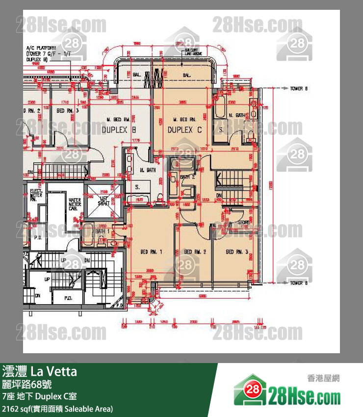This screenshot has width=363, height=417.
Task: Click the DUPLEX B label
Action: pyautogui.click(x=118, y=130)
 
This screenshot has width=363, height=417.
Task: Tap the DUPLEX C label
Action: pyautogui.click(x=184, y=130)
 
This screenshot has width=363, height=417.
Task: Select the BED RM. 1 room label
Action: pyautogui.click(x=151, y=252)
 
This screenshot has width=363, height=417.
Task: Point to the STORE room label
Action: pyautogui.click(x=244, y=223)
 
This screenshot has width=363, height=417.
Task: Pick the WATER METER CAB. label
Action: pyautogui.click(x=75, y=204)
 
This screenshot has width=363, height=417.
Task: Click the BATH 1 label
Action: pyautogui.click(x=102, y=231)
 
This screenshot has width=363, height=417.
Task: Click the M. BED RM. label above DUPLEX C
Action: pyautogui.click(x=185, y=119)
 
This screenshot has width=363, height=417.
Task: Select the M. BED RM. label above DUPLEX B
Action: pyautogui.click(x=118, y=119)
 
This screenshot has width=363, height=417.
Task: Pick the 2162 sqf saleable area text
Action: pyautogui.click(x=58, y=409)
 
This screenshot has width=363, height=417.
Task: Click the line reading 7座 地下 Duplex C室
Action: pyautogui.click(x=39, y=396)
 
